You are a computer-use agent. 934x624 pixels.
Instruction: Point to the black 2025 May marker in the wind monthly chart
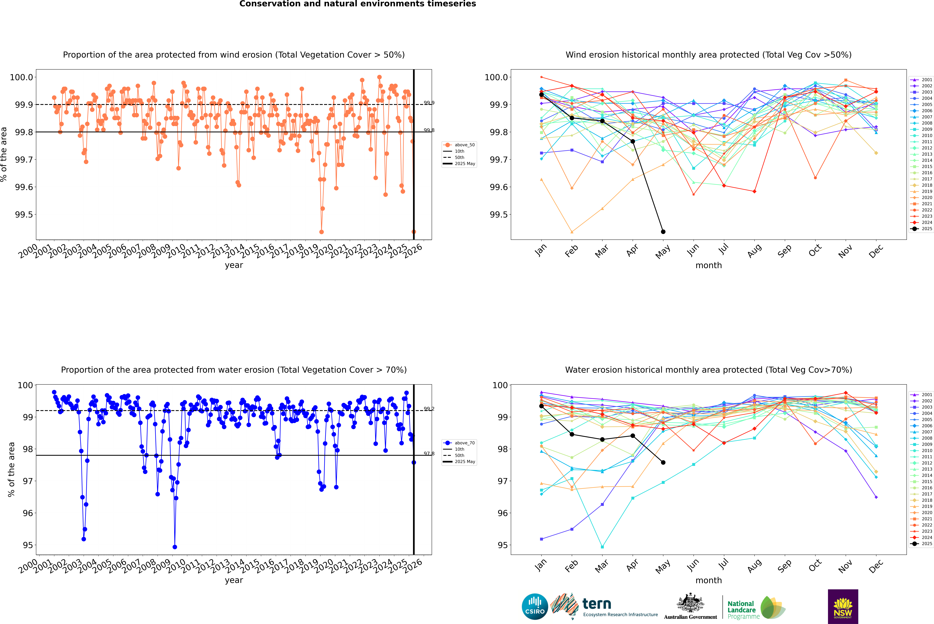coord(663,232)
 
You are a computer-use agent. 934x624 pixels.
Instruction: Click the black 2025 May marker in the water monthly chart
coord(663,462)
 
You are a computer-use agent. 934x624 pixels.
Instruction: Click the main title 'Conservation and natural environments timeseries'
coord(357,4)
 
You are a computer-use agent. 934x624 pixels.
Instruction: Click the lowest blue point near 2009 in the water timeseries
coord(175,547)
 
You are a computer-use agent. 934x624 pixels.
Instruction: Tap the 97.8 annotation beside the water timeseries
coord(429,454)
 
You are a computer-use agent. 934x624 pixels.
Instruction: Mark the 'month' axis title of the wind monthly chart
coord(708,265)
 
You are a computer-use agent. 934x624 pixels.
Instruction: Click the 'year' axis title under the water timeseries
coord(234,580)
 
